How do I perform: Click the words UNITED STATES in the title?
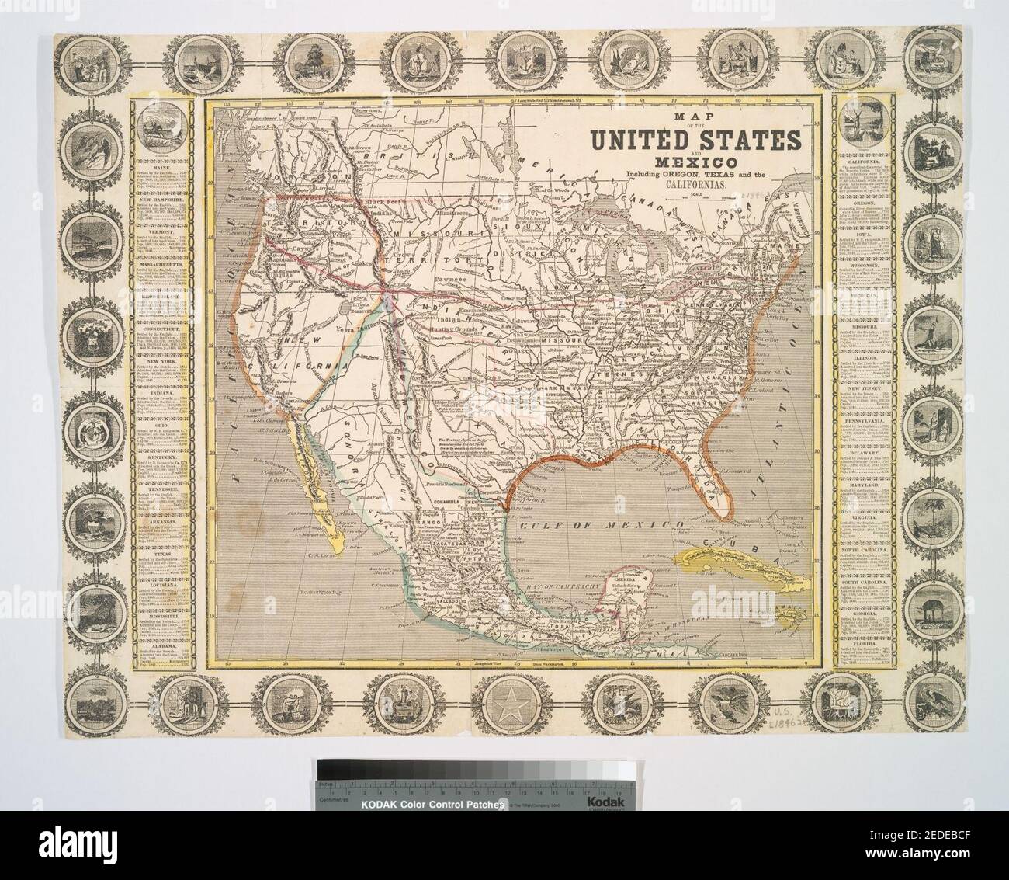(696, 141)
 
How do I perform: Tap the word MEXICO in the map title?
(697, 161)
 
